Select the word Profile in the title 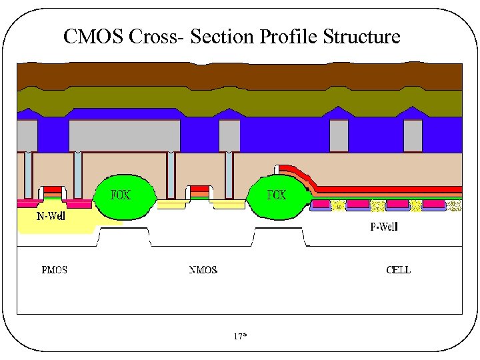click(289, 36)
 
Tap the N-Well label click(50, 215)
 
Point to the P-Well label click(383, 227)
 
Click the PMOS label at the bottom click(54, 270)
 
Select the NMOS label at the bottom click(203, 270)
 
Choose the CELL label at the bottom click(399, 270)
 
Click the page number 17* click(240, 337)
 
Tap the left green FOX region click(125, 197)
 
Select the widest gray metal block click(125, 136)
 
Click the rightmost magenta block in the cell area click(433, 204)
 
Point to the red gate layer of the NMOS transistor click(199, 189)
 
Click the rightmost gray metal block click(413, 136)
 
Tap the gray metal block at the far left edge click(27, 136)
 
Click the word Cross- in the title click(155, 36)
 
